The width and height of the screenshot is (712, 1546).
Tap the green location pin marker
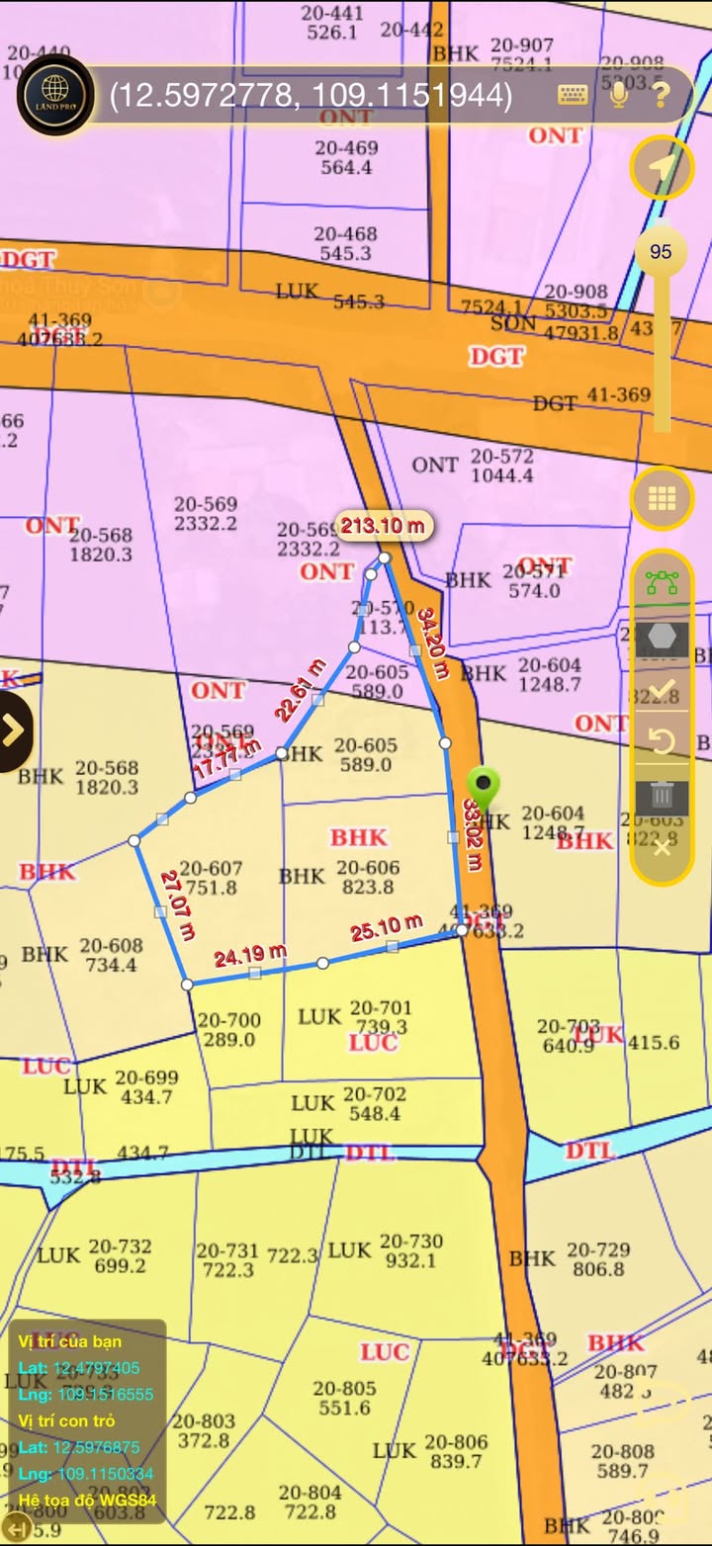click(483, 788)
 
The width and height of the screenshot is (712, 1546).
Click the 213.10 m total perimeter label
click(383, 526)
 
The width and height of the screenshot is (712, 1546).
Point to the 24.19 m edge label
click(250, 955)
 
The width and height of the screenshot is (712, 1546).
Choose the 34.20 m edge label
click(433, 643)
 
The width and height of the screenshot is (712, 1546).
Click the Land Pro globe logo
click(55, 95)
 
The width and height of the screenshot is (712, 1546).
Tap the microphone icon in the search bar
click(619, 95)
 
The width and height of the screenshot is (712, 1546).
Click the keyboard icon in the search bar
click(573, 95)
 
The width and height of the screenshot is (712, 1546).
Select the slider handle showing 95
click(661, 251)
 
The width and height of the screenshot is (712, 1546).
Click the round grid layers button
click(662, 498)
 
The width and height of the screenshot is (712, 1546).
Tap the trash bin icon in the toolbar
click(662, 793)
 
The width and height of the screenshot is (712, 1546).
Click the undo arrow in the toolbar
click(662, 741)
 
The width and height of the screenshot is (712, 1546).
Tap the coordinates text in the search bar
click(311, 95)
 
